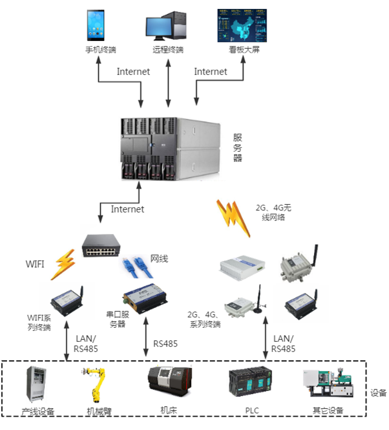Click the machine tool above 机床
pos(168,384)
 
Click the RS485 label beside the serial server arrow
pos(165,344)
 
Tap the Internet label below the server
pos(128,209)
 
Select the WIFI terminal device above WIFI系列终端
pos(67,298)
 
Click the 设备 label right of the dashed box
pos(379,393)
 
